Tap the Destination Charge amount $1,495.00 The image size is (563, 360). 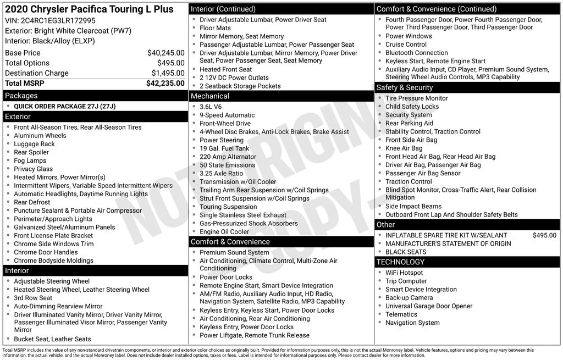point(168,73)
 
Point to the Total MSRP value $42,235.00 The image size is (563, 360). point(165,84)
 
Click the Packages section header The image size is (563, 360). point(21,96)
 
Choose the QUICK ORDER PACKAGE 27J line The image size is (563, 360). point(64,106)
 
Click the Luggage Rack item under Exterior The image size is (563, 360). point(34,144)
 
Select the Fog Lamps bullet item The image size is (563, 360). point(30,160)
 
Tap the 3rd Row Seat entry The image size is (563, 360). point(33,298)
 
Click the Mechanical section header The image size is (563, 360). point(210,96)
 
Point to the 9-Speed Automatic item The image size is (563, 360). point(227,115)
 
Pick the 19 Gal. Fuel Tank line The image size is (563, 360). point(224,148)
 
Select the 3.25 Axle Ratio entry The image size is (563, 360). point(221,173)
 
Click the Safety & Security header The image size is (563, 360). point(404,87)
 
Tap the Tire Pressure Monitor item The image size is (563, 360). point(416,98)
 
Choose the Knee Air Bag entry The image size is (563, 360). point(404,148)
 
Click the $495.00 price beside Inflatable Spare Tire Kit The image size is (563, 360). point(544,235)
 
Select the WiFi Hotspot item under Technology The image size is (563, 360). point(404,273)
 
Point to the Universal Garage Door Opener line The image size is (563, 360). point(428,306)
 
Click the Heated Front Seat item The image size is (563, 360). point(225,69)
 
